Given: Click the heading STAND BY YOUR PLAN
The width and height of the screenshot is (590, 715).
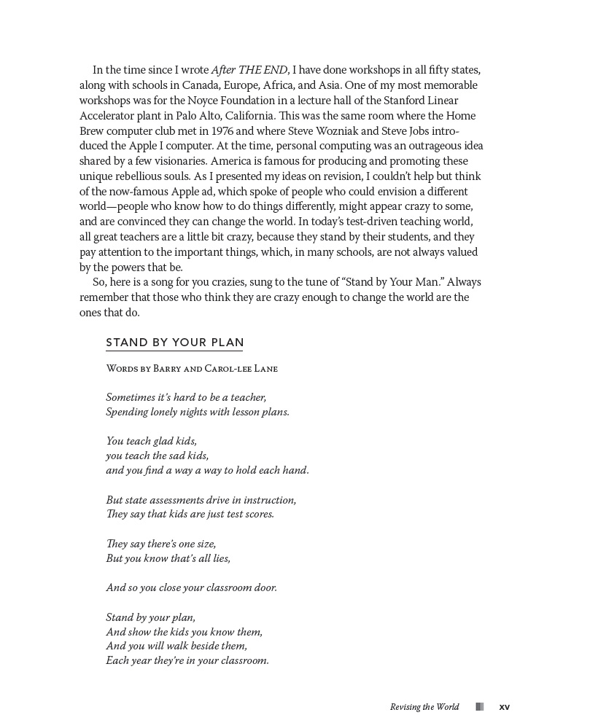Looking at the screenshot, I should [x=175, y=343].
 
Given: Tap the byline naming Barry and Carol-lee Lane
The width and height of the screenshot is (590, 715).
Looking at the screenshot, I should [x=192, y=369].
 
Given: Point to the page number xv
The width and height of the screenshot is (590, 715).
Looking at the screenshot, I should [x=504, y=707].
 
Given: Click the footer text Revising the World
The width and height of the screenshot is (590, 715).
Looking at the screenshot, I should [x=424, y=707].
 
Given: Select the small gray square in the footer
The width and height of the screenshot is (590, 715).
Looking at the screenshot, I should [x=479, y=707].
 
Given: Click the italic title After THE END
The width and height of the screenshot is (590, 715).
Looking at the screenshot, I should [x=249, y=71].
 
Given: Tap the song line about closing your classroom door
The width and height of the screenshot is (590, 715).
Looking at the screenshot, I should [x=191, y=587].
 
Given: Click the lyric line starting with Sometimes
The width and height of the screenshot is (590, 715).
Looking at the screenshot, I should [x=186, y=397].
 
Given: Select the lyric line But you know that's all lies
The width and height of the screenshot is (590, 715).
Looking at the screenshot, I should [x=168, y=558].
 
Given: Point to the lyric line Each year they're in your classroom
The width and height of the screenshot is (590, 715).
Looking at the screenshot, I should [x=187, y=661].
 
